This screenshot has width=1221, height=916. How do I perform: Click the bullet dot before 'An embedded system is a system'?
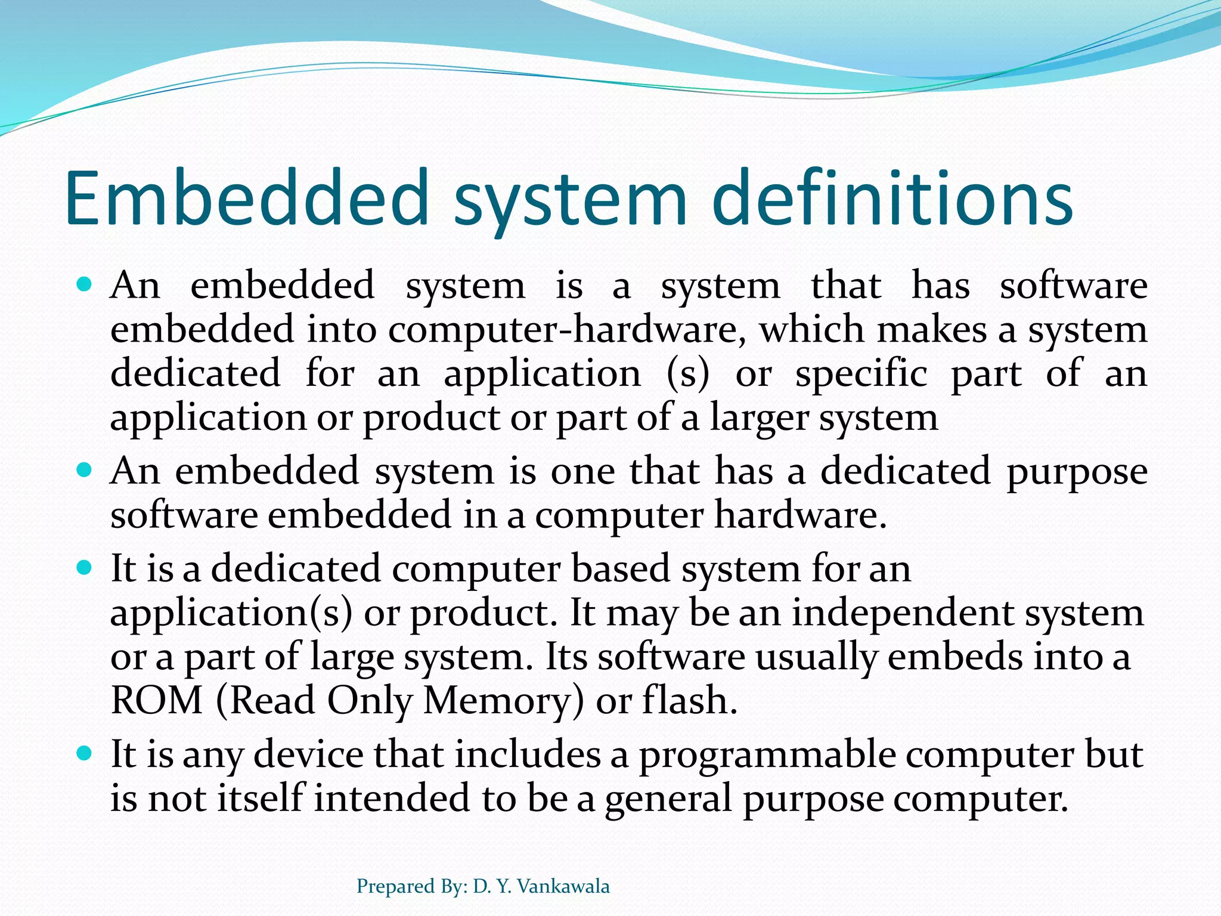pyautogui.click(x=85, y=285)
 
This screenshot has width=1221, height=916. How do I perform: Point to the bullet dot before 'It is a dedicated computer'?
pyautogui.click(x=85, y=568)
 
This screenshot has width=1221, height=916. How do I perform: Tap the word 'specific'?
pyautogui.click(x=861, y=375)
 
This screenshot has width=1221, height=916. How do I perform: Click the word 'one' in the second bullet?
pyautogui.click(x=582, y=471)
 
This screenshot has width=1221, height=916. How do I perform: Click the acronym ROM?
pyautogui.click(x=157, y=700)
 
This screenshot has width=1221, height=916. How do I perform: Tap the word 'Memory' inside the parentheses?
pyautogui.click(x=497, y=701)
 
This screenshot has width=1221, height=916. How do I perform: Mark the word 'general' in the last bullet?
pyautogui.click(x=668, y=799)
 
